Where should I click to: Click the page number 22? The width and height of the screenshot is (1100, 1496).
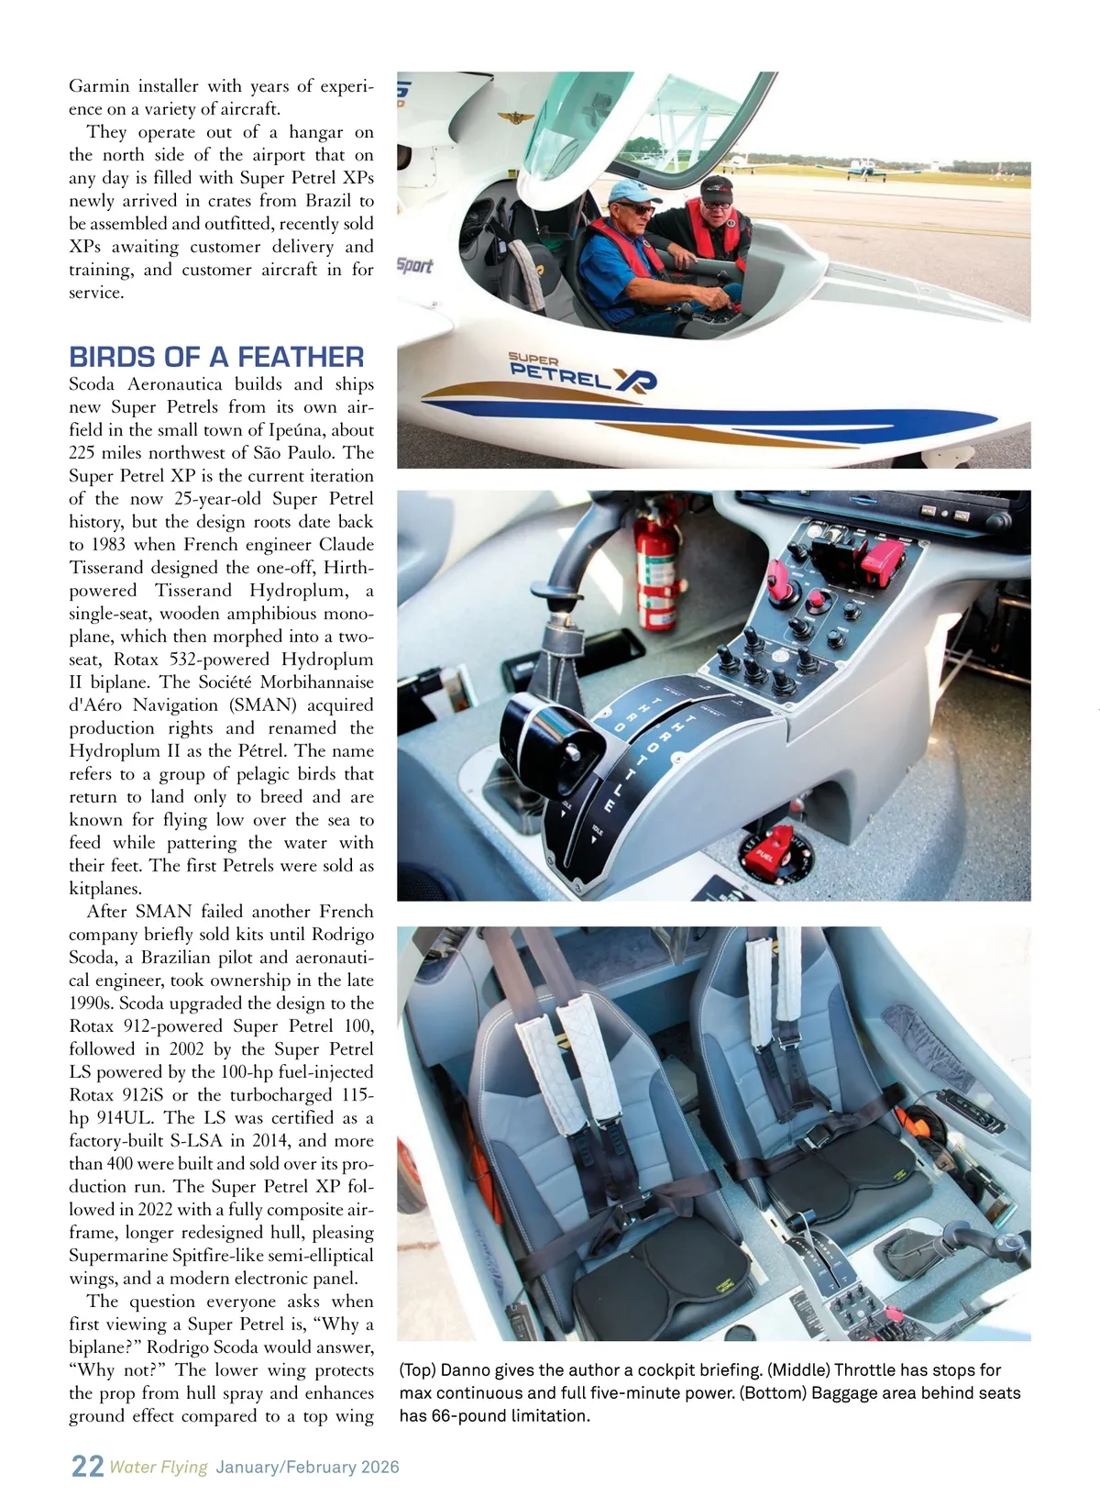point(87,1466)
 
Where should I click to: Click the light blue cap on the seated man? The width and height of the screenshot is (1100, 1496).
point(632,191)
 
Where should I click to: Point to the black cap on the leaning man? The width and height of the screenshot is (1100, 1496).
point(717,189)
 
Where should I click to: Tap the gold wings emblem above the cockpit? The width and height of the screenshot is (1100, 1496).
point(515,117)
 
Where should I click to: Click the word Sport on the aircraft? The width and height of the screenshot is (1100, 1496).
point(414,266)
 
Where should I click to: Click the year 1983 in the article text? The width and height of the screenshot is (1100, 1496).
point(108,545)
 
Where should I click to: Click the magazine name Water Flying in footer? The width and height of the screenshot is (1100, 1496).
point(159,1467)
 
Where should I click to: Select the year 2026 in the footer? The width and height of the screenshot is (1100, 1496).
point(379,1467)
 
